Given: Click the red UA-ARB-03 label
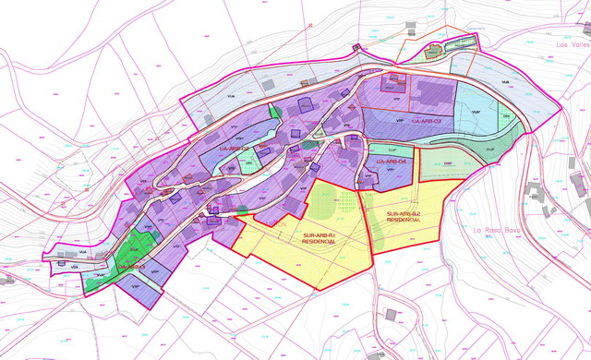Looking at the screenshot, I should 427,122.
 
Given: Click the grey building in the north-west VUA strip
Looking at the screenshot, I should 269,85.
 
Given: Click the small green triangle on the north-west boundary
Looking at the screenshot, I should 273,110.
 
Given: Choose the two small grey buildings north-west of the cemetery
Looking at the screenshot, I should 359,49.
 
